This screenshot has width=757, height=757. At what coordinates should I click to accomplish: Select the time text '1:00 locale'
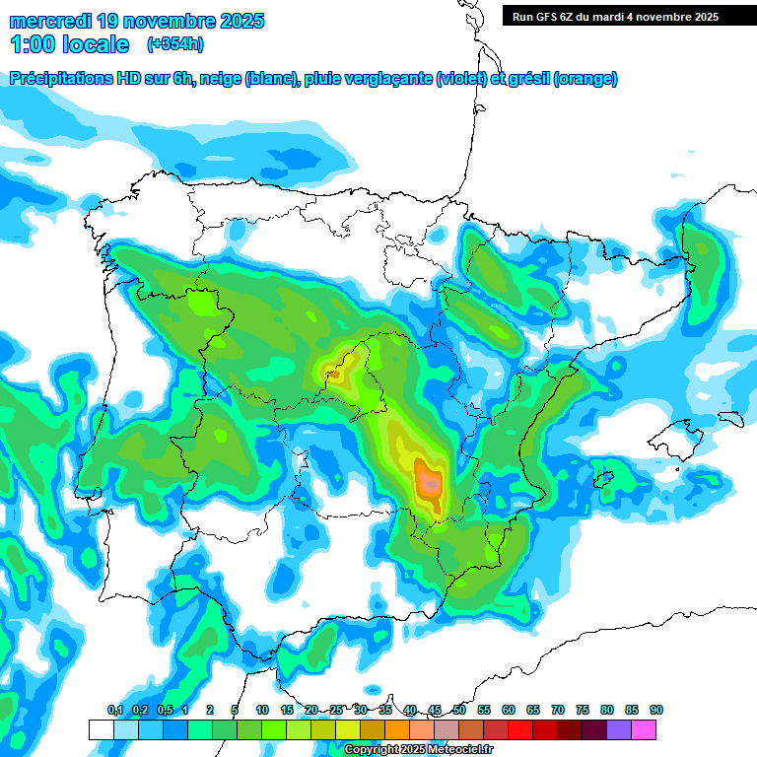tap(70, 44)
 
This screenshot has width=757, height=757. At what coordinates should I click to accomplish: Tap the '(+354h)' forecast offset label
tap(175, 43)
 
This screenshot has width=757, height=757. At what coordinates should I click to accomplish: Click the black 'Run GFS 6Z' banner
tap(629, 16)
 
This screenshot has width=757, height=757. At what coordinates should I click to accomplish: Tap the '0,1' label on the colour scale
tap(114, 711)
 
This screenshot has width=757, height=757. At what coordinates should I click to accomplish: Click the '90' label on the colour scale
tap(656, 711)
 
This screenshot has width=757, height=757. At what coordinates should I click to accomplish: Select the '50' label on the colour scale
tap(459, 711)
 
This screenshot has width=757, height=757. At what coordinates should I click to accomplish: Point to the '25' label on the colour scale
tap(336, 711)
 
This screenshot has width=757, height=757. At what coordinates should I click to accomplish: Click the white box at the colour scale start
tap(101, 729)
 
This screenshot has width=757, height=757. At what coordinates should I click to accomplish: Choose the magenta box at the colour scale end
tap(644, 729)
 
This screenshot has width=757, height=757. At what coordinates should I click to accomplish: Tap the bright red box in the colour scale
tap(520, 729)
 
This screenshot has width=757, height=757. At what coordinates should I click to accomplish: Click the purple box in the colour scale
tap(619, 729)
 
